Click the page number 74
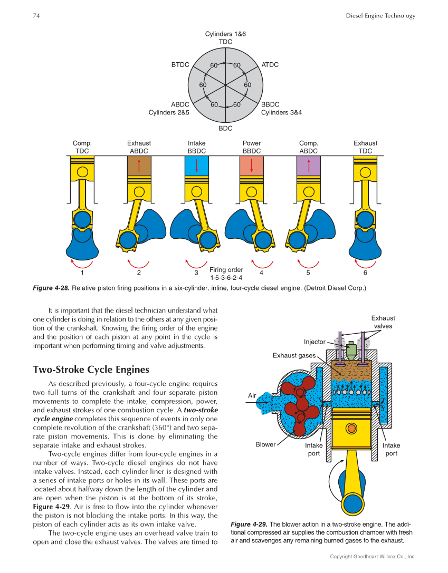click(36, 15)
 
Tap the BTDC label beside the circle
click(180, 65)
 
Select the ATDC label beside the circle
click(270, 65)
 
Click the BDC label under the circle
click(225, 128)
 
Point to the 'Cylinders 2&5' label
click(169, 112)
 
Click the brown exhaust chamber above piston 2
click(139, 167)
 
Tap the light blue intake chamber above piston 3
click(196, 167)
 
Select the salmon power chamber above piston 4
click(252, 167)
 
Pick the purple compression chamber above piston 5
click(308, 167)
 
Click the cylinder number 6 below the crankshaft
click(365, 273)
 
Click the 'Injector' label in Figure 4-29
click(314, 342)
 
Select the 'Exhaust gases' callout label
click(294, 356)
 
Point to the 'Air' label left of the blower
click(252, 395)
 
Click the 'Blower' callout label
click(265, 444)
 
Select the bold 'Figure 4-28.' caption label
click(51, 288)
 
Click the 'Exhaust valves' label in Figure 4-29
click(383, 322)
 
